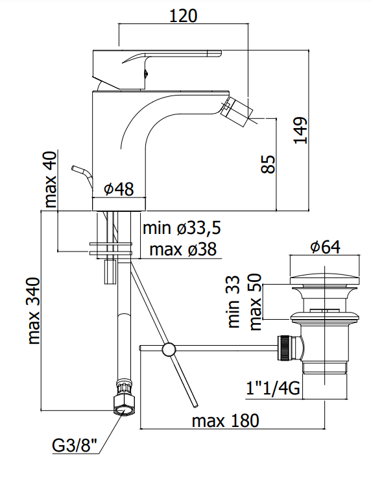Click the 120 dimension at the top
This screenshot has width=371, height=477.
[183, 16]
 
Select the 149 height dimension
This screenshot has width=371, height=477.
[300, 130]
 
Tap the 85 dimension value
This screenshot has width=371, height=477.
[269, 164]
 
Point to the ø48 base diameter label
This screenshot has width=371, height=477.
[119, 189]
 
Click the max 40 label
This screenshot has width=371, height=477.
[51, 179]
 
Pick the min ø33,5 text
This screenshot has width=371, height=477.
[182, 228]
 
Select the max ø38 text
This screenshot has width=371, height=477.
[183, 250]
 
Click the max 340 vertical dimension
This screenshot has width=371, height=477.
[34, 311]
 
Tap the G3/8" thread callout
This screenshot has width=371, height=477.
[74, 446]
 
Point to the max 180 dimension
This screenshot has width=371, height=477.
[226, 420]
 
